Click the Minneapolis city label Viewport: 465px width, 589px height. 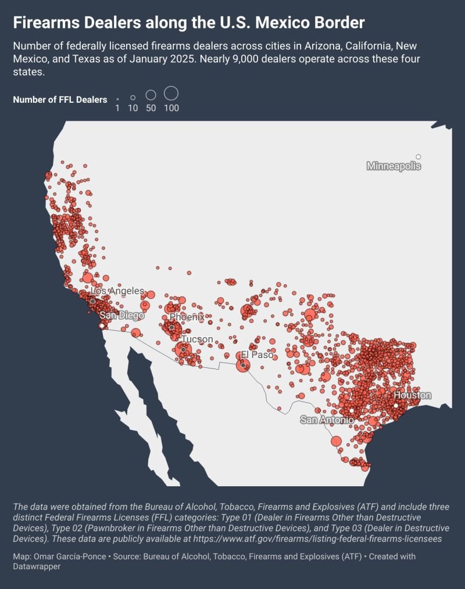coord(394,167)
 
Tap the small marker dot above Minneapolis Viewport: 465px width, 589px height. coord(419,157)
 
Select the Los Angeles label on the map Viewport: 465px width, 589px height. coord(118,291)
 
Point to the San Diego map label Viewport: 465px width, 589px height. coord(121,315)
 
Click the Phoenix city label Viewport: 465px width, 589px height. coord(187,317)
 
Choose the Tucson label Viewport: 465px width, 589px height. coord(197,339)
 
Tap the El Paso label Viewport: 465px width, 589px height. coord(257,355)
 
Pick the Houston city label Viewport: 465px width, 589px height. coord(412,395)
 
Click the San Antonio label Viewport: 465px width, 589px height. coord(327,420)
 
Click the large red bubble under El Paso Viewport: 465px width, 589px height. coord(243,365)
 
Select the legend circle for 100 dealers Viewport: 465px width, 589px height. coord(171,93)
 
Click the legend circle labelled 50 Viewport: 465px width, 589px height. coord(151,95)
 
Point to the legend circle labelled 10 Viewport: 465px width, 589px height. coord(133,98)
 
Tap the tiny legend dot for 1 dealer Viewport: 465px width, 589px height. coord(117,100)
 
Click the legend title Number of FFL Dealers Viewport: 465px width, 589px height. coord(60,100)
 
